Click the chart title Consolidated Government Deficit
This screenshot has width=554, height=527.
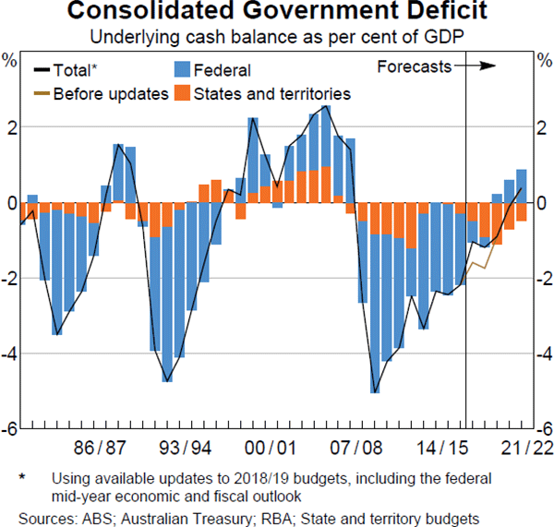coord(277,13)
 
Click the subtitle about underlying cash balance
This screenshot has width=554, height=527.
coord(276,38)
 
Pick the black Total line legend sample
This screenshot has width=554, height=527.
coord(42,69)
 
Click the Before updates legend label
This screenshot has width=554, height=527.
coord(111,93)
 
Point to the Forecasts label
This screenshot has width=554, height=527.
coord(414,66)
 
